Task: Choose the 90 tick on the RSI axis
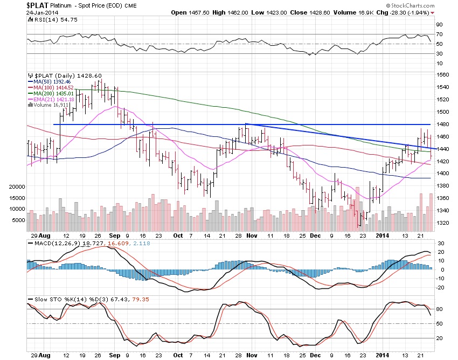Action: (439, 24)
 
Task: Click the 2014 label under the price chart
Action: (383, 236)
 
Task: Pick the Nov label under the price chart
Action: (252, 236)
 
